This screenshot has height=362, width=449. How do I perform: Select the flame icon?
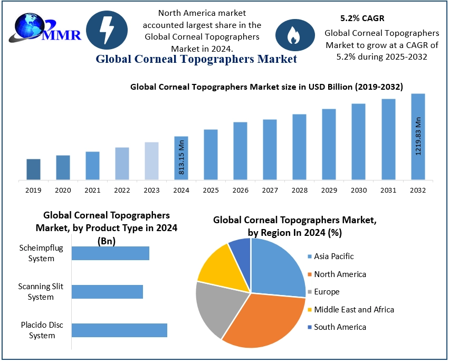292,35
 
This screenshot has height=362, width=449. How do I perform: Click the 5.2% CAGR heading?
358,18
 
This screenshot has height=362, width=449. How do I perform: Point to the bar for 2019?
33,169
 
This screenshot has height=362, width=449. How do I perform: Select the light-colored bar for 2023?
151,161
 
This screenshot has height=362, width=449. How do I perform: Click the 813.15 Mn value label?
181,157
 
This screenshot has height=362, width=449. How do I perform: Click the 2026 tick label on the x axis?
241,190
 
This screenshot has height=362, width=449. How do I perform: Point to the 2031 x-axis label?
389,190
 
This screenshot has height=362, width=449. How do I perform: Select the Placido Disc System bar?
119,330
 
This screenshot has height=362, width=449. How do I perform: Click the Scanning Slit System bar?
107,292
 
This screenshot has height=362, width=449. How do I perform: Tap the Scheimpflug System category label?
37,253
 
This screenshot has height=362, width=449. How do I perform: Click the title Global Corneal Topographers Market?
196,59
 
